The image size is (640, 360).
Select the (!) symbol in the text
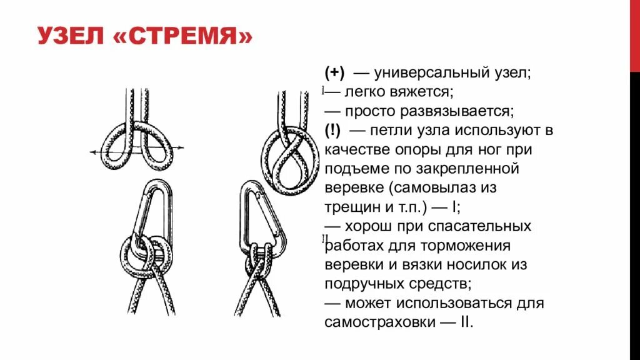(332, 130)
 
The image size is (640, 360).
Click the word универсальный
(436, 73)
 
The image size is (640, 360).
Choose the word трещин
(349, 207)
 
